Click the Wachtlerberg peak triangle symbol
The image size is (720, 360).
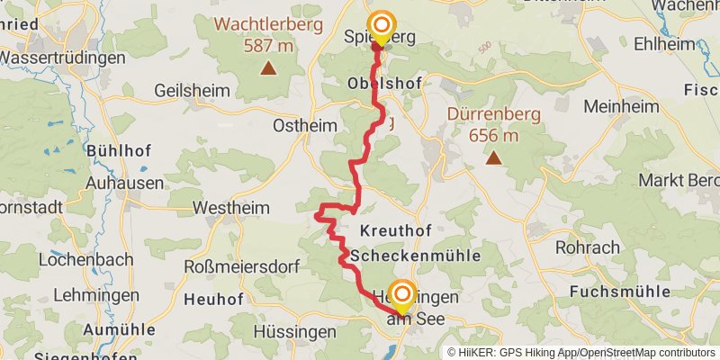[267, 67]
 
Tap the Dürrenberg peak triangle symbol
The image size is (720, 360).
[493, 158]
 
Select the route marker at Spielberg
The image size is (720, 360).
[382, 26]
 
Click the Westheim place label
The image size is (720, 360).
[231, 208]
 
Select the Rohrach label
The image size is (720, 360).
[588, 247]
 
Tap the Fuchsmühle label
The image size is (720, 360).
[620, 292]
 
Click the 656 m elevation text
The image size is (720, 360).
[493, 136]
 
